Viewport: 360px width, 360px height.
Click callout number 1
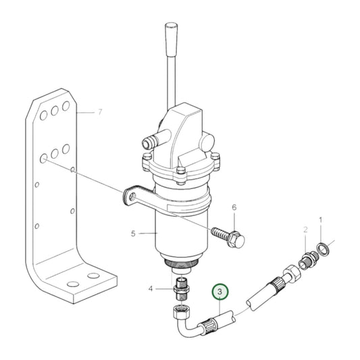click(x=321, y=220)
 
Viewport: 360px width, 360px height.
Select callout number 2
click(x=305, y=231)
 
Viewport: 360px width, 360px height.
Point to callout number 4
click(x=151, y=289)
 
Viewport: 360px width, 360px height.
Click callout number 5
click(x=134, y=234)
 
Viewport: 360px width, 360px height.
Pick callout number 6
click(x=234, y=208)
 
